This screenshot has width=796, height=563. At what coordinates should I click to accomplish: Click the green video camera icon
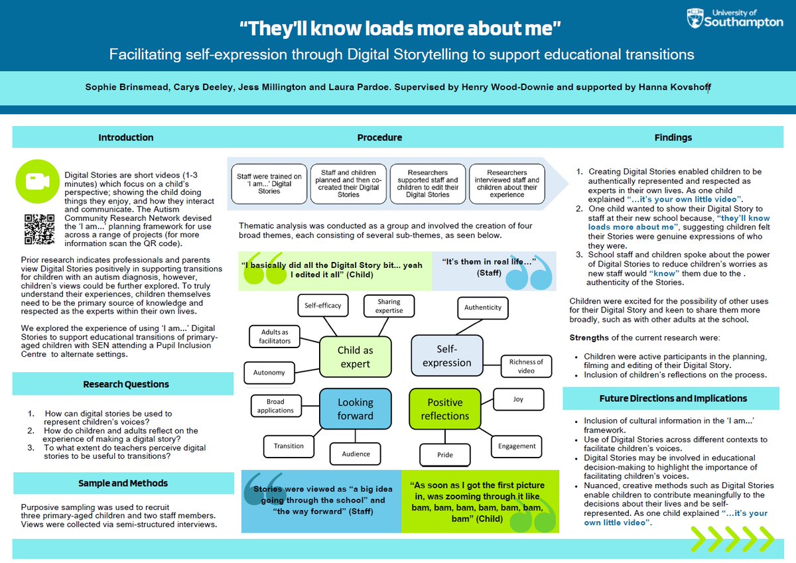point(34,180)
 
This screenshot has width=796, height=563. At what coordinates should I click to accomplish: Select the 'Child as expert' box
point(355,357)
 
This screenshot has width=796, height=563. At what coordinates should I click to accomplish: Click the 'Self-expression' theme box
point(446,355)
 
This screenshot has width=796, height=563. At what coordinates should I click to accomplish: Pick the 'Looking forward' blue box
point(355,408)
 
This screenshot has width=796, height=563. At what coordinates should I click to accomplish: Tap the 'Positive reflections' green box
point(444,408)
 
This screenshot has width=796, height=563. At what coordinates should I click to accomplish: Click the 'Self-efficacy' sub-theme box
point(322,306)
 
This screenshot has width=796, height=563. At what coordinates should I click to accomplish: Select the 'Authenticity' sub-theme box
point(483,307)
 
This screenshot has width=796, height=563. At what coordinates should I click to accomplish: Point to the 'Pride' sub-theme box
point(445,456)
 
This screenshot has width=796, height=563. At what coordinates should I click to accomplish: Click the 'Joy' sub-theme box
point(518,399)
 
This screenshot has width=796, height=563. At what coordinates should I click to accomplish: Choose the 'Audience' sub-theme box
point(356,454)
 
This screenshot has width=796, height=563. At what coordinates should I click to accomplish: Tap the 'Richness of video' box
point(526,366)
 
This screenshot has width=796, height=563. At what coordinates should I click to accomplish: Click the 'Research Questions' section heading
point(126,384)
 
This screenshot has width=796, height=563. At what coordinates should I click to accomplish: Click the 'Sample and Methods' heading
point(123,483)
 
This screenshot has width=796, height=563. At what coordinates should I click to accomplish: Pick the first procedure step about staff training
point(269,184)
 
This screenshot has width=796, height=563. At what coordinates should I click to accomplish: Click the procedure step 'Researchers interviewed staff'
point(507,184)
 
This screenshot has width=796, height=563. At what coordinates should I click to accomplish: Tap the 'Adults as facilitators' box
point(275,336)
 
